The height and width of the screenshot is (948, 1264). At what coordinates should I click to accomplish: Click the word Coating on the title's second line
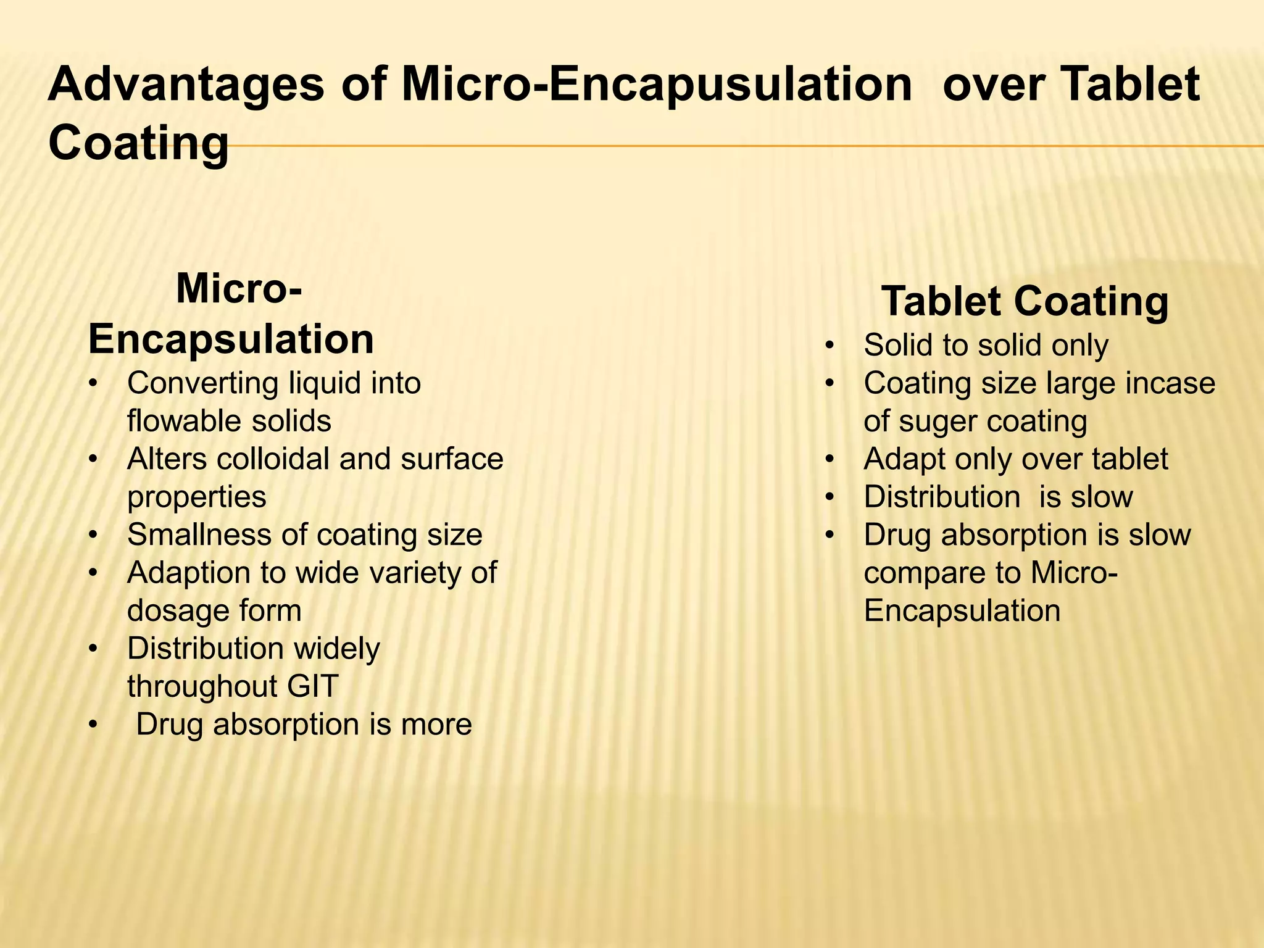(x=138, y=143)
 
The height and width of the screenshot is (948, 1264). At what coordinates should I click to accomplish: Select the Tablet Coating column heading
(x=1025, y=302)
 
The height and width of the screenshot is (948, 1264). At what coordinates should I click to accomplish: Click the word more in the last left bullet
(x=436, y=725)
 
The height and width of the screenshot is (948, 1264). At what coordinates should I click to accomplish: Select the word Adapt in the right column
(x=904, y=460)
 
